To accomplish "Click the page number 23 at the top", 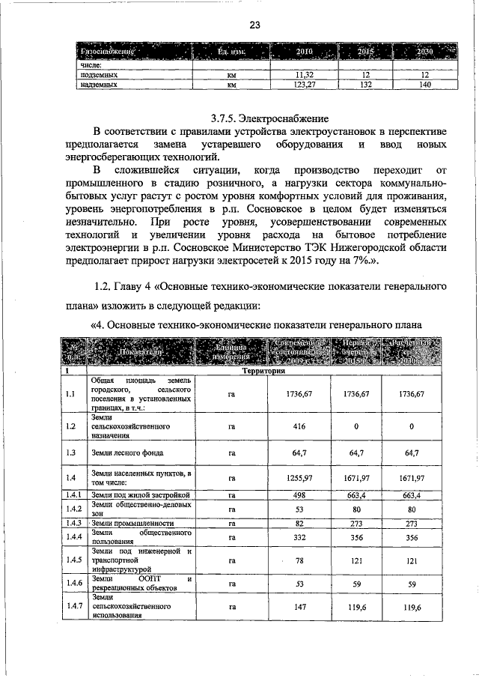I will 254,25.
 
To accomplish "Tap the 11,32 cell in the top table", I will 303,76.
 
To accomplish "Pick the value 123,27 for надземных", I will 303,85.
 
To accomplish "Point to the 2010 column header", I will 304,52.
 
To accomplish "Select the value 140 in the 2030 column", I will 426,85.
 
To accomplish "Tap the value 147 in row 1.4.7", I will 300,608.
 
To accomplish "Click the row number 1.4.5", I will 73,559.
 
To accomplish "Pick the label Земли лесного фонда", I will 123,452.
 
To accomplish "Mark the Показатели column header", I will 139,351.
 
